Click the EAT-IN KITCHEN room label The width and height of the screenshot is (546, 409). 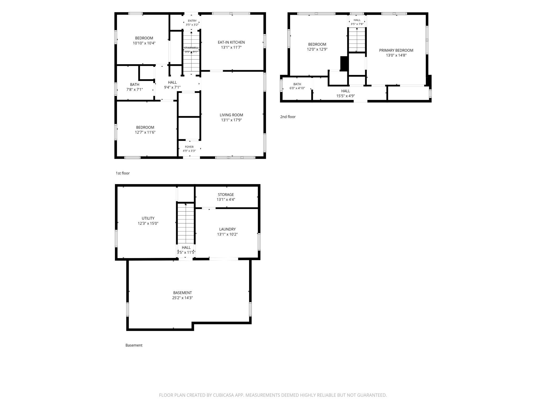point(231,42)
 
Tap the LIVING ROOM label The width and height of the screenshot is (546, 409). point(231,115)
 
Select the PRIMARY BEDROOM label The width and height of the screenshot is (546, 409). point(396,50)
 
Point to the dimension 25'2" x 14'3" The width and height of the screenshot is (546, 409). point(182,298)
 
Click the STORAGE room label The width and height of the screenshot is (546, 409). point(226,195)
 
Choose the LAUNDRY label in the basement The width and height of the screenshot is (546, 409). point(227,229)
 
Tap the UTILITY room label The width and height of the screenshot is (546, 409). point(148,218)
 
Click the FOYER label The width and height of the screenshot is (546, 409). point(189,147)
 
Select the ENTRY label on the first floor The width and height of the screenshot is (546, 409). point(192,21)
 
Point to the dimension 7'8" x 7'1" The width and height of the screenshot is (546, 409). point(135,89)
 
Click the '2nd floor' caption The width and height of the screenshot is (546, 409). point(288,117)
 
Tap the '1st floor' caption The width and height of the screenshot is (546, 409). point(123,173)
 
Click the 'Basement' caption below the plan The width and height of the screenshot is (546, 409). point(134,345)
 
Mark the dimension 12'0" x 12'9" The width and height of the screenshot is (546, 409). point(317,49)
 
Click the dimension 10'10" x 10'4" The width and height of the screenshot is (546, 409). point(144,43)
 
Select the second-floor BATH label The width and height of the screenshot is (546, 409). point(297,84)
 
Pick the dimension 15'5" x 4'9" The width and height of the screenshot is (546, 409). point(346,96)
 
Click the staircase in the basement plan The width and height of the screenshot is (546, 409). point(186,224)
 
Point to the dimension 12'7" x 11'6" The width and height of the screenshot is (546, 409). point(145,132)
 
